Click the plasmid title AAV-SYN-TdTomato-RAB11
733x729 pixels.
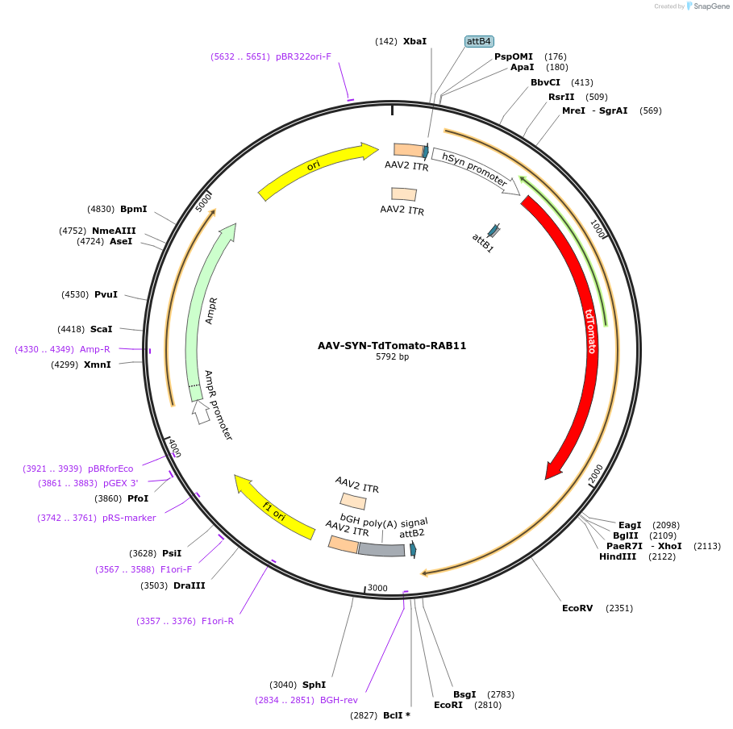[x=392, y=346]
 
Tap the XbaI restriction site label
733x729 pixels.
[x=414, y=41]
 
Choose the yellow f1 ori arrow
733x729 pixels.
[x=274, y=507]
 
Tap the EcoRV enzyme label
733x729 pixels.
[x=577, y=608]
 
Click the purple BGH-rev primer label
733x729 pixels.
[x=339, y=700]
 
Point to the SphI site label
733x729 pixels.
[x=314, y=685]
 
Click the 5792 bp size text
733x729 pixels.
[x=392, y=356]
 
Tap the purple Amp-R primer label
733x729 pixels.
[x=95, y=349]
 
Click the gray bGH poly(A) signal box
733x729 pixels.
[x=381, y=549]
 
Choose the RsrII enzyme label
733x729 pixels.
[x=561, y=97]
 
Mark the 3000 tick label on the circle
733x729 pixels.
[x=377, y=588]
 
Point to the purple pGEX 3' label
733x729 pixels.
[x=121, y=483]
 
